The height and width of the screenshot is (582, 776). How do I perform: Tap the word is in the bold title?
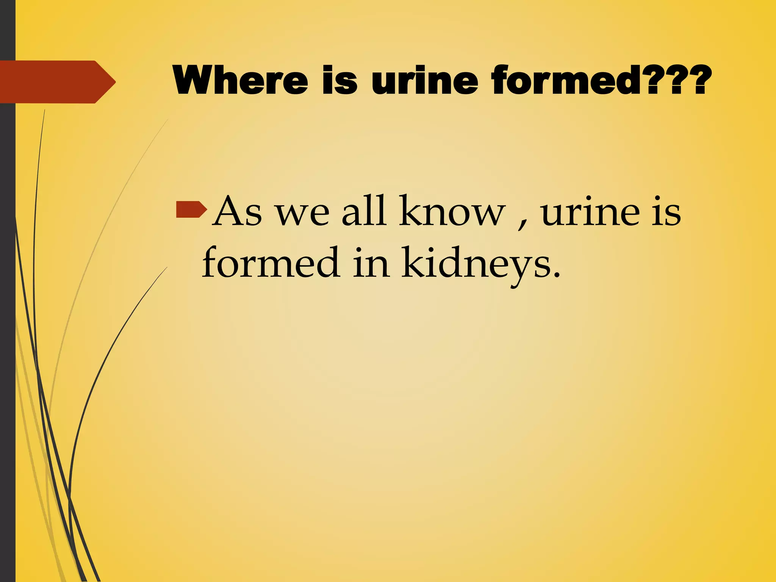(339, 80)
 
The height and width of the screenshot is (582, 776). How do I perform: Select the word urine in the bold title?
(425, 80)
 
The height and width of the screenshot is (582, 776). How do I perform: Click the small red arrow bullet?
(191, 210)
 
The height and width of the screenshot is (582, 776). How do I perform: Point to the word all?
(364, 211)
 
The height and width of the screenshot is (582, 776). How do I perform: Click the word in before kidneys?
(371, 263)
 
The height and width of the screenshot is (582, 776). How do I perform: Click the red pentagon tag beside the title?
(57, 82)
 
